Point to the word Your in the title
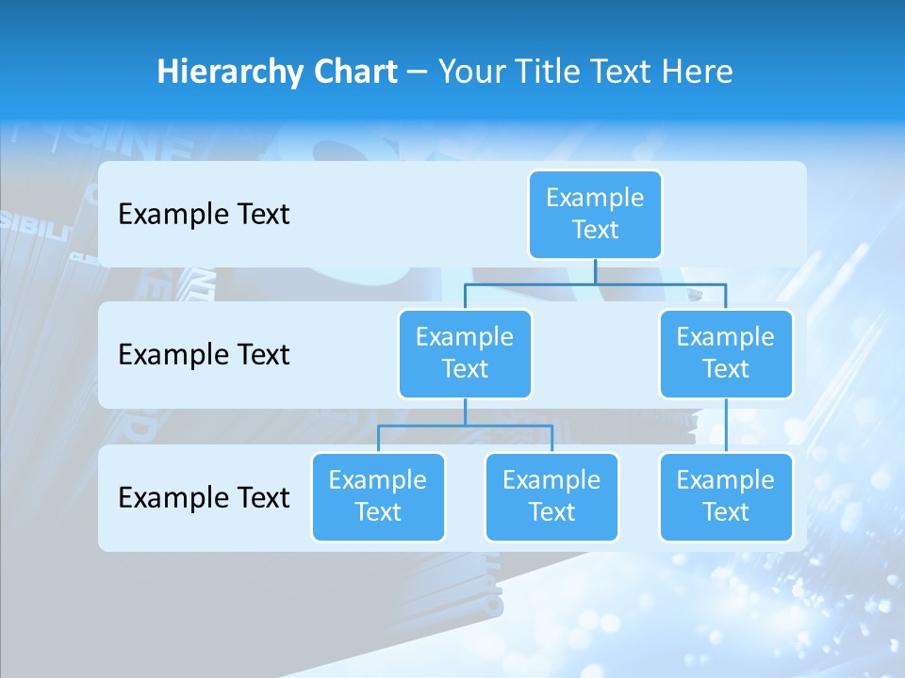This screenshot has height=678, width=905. (x=469, y=73)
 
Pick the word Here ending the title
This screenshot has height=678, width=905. (x=696, y=73)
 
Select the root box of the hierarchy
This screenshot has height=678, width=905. (x=595, y=215)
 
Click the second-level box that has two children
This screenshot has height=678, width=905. (x=465, y=354)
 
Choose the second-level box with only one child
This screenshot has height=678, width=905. (x=726, y=354)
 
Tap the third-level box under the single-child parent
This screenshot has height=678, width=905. (x=726, y=497)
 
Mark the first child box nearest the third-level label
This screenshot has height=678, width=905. (x=378, y=497)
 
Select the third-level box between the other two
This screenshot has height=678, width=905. (x=551, y=497)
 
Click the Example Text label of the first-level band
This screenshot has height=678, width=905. (x=204, y=215)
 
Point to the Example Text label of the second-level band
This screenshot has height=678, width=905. (x=204, y=355)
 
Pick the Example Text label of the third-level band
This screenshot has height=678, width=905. (x=204, y=497)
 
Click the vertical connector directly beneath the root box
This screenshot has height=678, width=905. (x=595, y=271)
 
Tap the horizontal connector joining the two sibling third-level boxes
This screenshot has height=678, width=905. (x=465, y=426)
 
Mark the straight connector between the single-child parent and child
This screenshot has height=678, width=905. (x=726, y=426)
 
